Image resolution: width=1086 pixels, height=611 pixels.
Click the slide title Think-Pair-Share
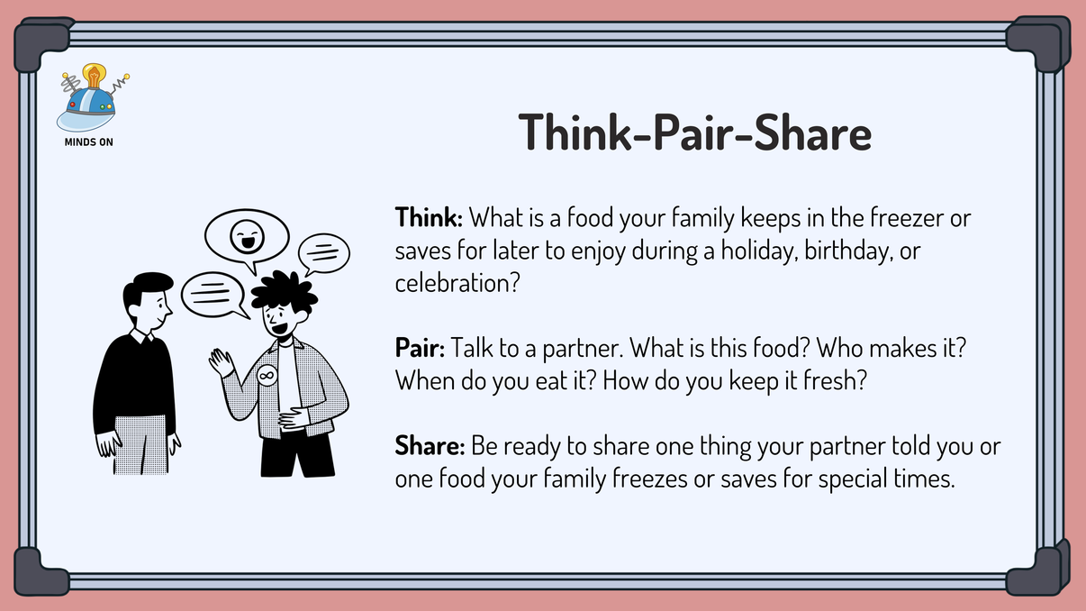coord(695,133)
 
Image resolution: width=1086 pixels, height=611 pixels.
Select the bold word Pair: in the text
coord(420,347)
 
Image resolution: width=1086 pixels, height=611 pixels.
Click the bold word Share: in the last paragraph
coord(429,447)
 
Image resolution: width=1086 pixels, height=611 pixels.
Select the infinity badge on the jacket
coord(267,374)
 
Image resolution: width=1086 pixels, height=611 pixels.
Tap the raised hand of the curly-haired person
coord(220,362)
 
